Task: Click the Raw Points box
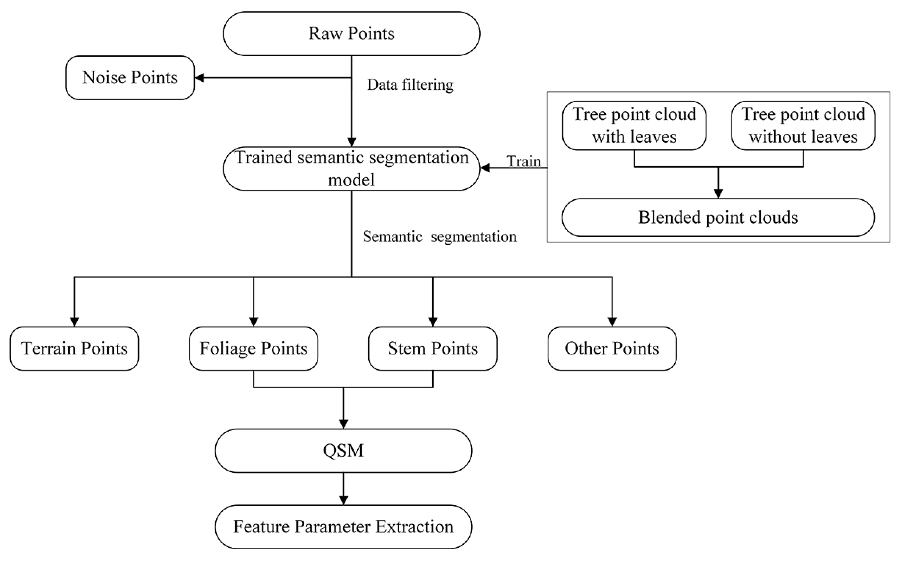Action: [x=351, y=33]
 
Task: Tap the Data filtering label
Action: [x=410, y=85]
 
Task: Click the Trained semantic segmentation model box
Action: [x=351, y=169]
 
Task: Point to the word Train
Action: [x=523, y=161]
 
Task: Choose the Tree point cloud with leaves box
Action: [x=634, y=125]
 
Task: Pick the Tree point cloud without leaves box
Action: [x=803, y=125]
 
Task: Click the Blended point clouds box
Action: [x=718, y=217]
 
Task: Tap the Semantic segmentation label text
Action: [x=439, y=236]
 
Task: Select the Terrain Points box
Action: [x=74, y=348]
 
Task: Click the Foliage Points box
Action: [x=253, y=348]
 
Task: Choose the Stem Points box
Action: [x=433, y=348]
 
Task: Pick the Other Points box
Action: [x=612, y=348]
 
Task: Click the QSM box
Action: [x=343, y=450]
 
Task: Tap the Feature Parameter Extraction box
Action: [x=343, y=527]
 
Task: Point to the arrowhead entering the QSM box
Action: [x=343, y=424]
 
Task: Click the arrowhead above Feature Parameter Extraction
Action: [x=343, y=500]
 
